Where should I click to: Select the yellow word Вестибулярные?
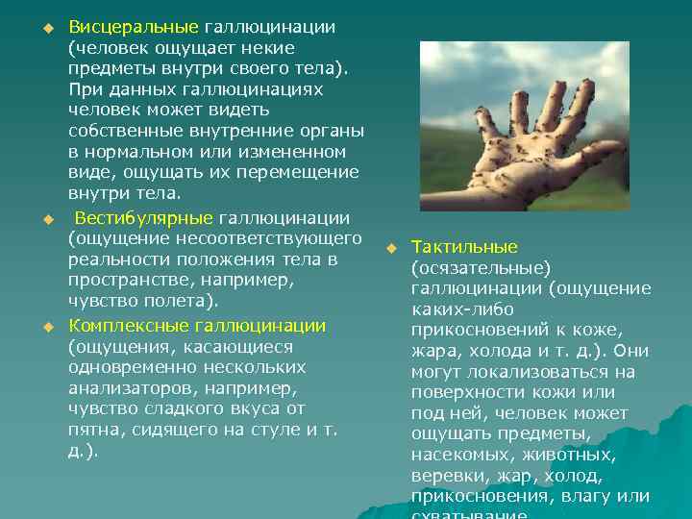coord(144,217)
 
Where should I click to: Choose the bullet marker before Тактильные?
coord(391,248)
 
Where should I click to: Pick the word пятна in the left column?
coord(93,430)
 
